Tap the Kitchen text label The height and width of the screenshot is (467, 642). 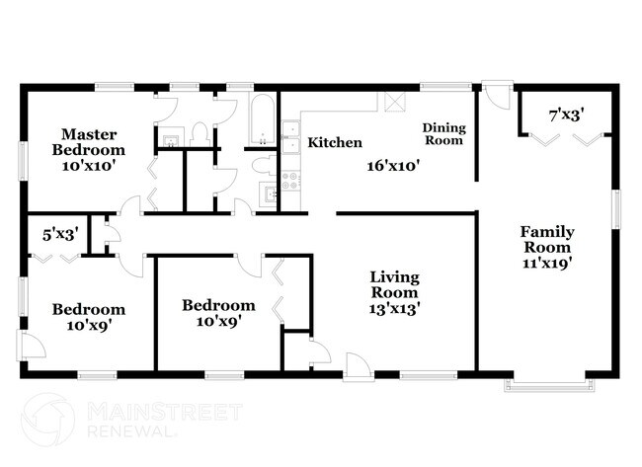tap(335, 143)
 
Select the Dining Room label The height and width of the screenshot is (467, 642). tap(443, 134)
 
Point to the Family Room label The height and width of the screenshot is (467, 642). tap(548, 240)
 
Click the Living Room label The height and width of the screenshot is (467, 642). tap(394, 284)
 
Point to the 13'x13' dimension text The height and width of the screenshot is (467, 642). tap(394, 307)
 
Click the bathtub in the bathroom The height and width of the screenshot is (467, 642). tap(263, 117)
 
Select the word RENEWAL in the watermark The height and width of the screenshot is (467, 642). tap(132, 430)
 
